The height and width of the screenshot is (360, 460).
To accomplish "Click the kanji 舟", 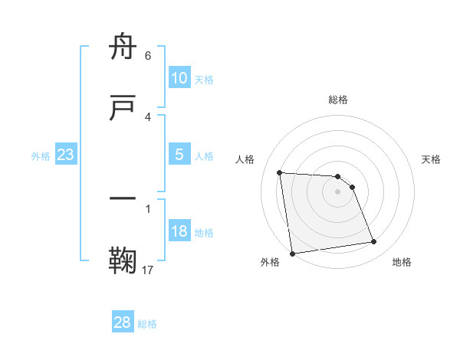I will [123, 47].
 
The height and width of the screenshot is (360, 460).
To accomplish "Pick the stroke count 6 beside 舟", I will [147, 56].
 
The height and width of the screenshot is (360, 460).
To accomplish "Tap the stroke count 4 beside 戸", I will [147, 116].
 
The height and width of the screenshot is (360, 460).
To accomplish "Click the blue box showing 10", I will [179, 78].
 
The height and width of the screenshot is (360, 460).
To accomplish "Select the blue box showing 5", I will [179, 155].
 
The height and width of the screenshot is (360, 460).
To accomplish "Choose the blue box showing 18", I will [179, 231].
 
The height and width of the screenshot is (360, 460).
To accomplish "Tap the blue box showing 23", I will [65, 155].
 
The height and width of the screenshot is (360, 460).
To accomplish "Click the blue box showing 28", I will [122, 322].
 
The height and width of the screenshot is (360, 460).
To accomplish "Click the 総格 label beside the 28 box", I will [147, 324].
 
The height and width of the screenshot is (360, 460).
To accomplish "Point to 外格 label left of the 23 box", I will [41, 156].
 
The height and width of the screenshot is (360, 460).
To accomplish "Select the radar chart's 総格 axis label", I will [337, 100].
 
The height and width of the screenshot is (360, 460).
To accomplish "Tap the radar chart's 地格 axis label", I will [402, 262].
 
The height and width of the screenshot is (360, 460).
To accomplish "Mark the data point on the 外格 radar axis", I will [292, 253].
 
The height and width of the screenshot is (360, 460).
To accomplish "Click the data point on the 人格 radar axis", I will [280, 172].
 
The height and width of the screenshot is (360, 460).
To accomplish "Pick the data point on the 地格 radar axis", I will [374, 242].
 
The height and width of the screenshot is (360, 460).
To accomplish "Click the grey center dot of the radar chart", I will [337, 191].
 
